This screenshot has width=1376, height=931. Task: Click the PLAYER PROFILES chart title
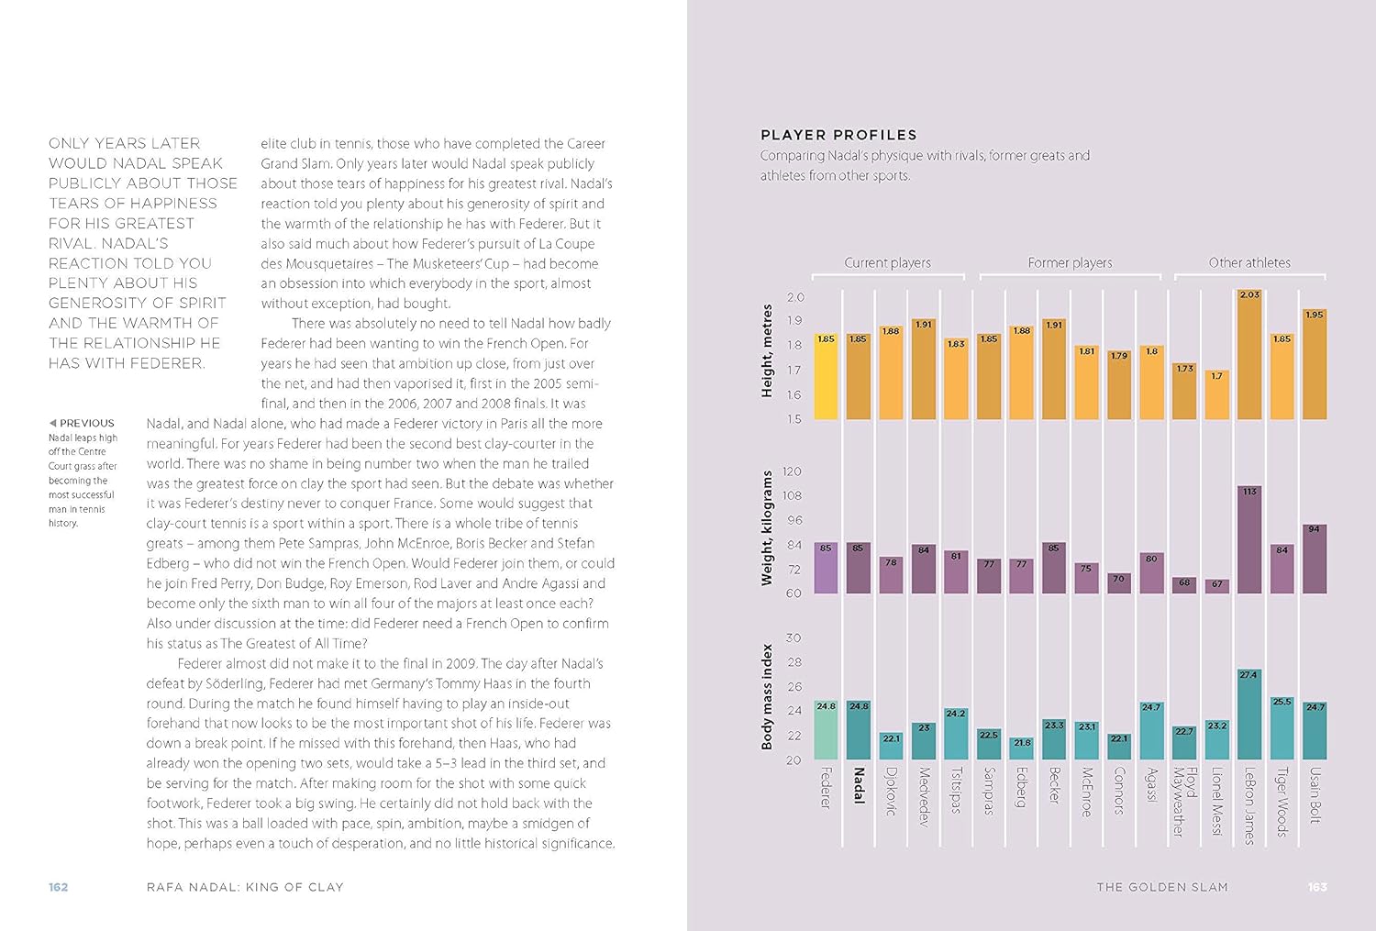[838, 135]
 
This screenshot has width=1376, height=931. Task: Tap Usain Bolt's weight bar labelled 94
[1315, 559]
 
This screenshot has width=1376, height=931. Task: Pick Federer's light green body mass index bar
[827, 729]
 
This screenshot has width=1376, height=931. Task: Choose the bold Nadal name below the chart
[859, 785]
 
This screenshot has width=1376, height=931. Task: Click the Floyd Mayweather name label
[1184, 802]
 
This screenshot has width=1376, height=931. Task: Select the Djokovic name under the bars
[891, 792]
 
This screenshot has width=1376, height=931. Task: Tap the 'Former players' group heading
[1070, 263]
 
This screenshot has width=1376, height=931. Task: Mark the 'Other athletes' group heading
[1248, 263]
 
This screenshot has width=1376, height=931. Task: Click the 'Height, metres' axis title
[767, 351]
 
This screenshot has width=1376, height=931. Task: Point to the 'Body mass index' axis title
[767, 697]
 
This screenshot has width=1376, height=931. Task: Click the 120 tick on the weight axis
[792, 471]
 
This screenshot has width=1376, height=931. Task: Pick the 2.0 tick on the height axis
[794, 297]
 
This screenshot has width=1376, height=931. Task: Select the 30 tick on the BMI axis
[793, 637]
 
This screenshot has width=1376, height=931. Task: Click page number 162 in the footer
[59, 887]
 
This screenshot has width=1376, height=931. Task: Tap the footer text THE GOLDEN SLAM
[1161, 887]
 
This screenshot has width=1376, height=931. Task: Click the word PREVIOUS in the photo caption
[86, 424]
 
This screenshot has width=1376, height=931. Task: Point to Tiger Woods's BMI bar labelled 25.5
[1282, 728]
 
